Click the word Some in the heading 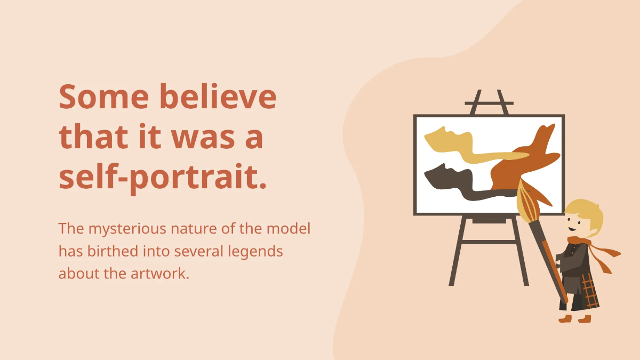pos(104,97)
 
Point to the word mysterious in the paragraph pos(127,229)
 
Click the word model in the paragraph pos(289,229)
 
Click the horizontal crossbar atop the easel pos(489,103)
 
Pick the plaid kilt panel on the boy pos(589,291)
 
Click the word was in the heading pos(203,138)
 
